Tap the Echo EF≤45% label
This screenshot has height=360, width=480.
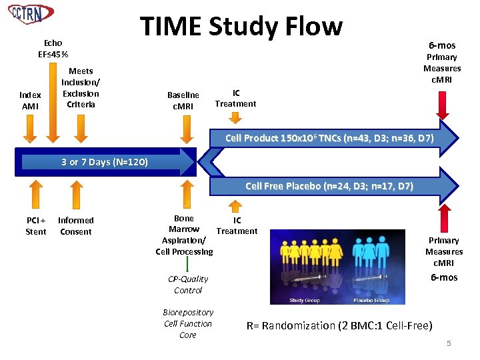53,49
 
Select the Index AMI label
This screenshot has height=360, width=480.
31,101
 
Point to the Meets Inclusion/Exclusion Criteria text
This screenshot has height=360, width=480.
81,87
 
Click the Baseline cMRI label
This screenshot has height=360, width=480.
183,101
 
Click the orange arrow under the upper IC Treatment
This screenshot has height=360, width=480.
235,117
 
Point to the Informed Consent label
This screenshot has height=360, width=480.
76,226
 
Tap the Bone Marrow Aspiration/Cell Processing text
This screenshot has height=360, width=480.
184,235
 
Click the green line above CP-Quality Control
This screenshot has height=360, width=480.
187,265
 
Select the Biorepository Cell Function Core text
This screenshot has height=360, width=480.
188,323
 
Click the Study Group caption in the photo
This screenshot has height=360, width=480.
304,300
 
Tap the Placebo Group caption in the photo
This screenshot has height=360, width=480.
371,300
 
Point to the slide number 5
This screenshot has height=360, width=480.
449,343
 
